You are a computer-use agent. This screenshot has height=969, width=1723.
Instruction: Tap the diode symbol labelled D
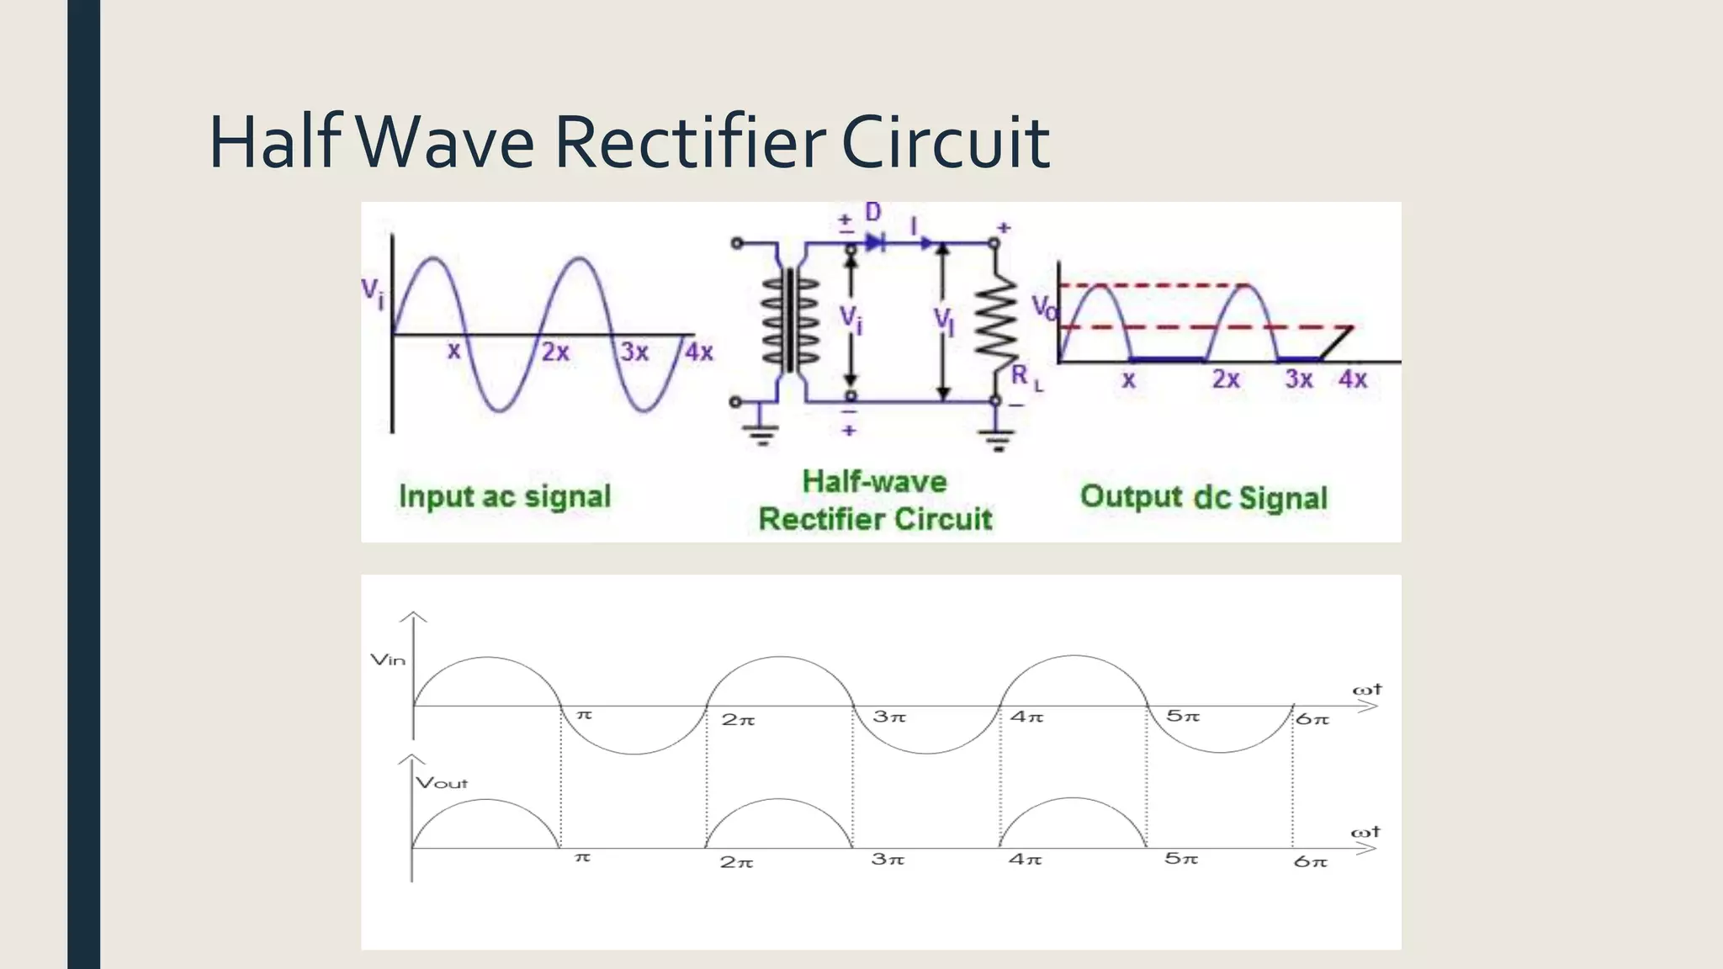point(875,243)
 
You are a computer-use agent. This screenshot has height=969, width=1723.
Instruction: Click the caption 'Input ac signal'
point(505,496)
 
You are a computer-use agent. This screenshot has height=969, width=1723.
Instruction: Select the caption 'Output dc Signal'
point(1203,497)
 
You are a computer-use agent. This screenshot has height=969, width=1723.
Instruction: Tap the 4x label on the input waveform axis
point(698,352)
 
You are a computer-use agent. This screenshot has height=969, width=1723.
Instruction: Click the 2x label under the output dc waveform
point(1226,379)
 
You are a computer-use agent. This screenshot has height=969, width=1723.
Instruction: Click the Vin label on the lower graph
point(388,660)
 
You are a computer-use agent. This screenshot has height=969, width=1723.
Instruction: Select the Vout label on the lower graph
point(442,783)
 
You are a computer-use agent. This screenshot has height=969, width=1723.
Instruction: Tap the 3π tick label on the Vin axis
point(888,717)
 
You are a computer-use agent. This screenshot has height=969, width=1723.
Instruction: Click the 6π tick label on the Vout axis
point(1310,861)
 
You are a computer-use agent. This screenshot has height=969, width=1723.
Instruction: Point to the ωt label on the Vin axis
point(1366,690)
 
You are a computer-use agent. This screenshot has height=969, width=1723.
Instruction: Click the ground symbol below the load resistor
point(997,439)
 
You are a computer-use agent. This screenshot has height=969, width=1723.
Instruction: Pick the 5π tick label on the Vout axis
point(1181,859)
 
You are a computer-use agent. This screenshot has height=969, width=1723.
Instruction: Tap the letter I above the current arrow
point(915,225)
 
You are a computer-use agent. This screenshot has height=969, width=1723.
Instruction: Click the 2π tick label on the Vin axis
point(738,719)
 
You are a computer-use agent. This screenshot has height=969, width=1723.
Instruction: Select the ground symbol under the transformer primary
point(761,435)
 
